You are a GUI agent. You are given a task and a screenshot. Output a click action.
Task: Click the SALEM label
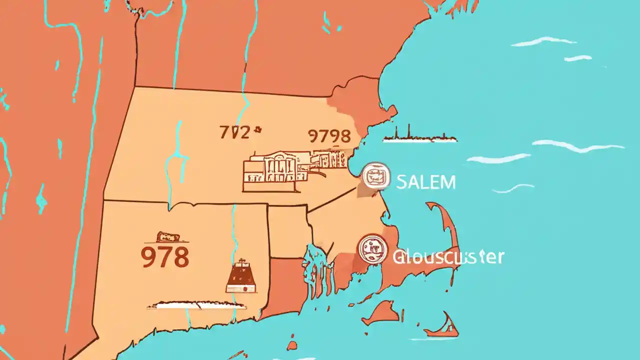[x=425, y=182]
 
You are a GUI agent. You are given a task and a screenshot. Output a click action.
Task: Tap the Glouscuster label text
[x=448, y=257]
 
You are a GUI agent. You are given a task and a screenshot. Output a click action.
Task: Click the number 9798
[x=329, y=135]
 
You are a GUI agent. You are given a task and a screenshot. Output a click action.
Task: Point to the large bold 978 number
[x=165, y=257]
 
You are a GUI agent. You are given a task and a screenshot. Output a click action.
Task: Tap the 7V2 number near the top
[x=234, y=132]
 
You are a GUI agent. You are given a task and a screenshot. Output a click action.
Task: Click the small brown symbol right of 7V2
[x=258, y=131]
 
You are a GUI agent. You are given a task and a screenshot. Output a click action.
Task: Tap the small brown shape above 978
[x=165, y=237]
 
